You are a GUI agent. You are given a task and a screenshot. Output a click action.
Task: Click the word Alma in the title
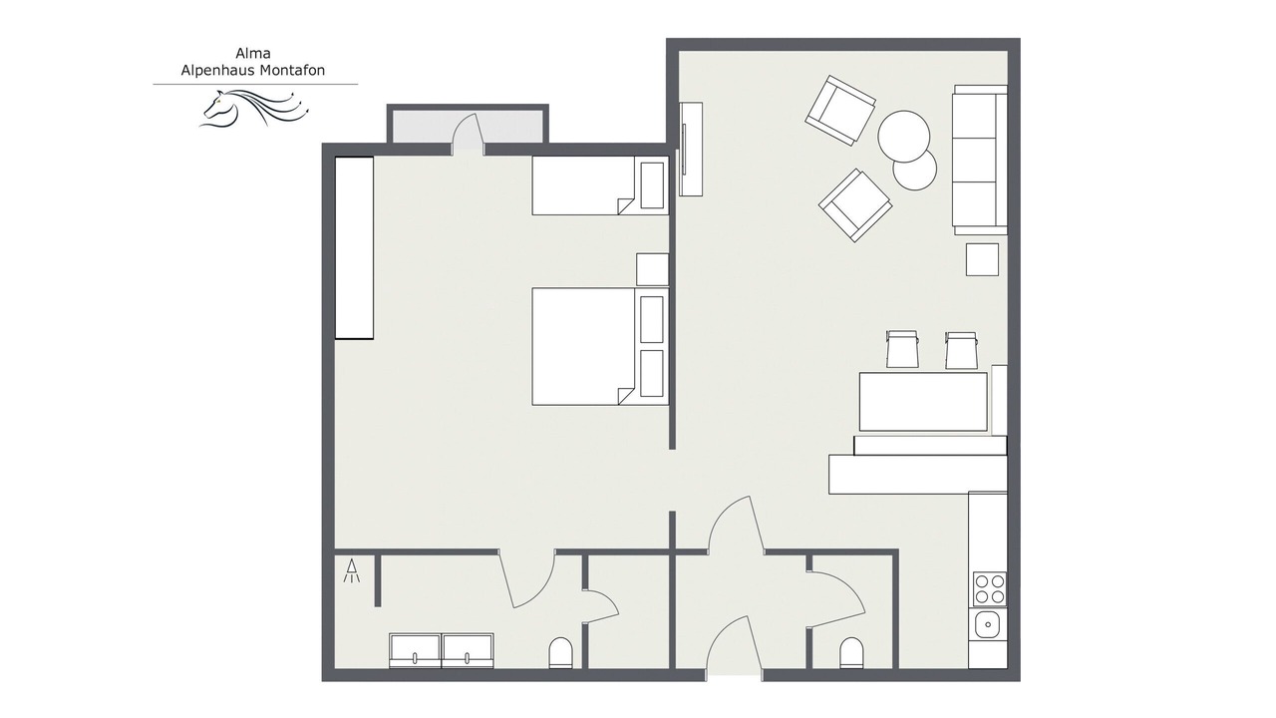point(253,53)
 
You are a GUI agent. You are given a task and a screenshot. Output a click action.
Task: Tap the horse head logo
point(254,108)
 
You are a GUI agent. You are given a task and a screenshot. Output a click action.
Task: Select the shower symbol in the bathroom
point(352,571)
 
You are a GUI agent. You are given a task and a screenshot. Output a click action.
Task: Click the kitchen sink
point(988,624)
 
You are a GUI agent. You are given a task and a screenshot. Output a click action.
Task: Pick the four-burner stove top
point(989,589)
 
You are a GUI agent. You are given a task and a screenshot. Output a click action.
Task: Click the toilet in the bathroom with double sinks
point(560,652)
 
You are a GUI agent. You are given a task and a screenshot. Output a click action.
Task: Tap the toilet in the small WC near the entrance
point(851,652)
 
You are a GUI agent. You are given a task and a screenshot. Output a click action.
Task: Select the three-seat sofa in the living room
point(980,160)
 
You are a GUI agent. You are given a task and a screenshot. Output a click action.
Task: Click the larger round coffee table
point(903,137)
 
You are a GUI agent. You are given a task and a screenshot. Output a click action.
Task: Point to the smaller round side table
point(915,170)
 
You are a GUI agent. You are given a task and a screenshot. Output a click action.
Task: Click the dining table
point(923,402)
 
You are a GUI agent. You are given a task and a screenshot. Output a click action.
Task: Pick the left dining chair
point(902,349)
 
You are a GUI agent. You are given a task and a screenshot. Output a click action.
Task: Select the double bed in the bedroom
point(600,346)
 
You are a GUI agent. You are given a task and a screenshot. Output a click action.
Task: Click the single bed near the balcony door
point(600,185)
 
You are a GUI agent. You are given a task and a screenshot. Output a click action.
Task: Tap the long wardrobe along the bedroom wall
point(354,248)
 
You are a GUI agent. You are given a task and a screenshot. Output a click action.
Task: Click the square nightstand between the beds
point(652,269)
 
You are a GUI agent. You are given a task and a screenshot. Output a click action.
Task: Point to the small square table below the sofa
point(982,260)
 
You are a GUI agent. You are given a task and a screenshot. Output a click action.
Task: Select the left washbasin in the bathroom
point(416,650)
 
